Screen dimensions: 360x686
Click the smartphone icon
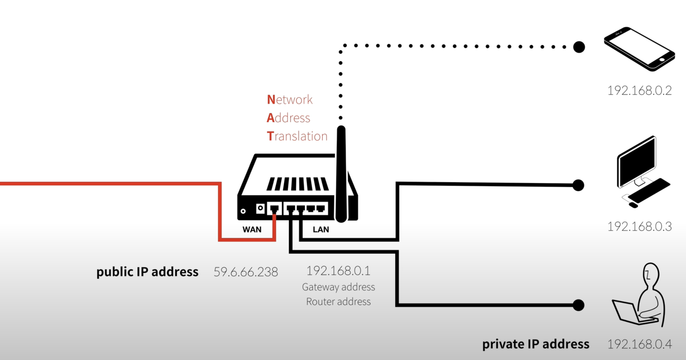(639, 49)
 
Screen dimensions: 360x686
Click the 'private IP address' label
(536, 344)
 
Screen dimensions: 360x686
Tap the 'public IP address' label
(147, 272)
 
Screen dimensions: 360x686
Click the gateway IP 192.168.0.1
(338, 271)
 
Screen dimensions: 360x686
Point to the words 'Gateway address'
(338, 287)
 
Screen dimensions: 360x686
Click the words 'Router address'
(338, 302)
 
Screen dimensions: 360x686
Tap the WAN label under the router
(252, 229)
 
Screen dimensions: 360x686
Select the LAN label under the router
(321, 229)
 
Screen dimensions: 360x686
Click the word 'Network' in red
(289, 100)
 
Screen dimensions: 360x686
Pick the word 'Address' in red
(288, 118)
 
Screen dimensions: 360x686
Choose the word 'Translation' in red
(297, 136)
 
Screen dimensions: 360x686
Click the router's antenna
(341, 173)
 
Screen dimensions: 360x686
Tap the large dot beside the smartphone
(579, 47)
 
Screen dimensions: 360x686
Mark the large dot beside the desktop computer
(578, 185)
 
